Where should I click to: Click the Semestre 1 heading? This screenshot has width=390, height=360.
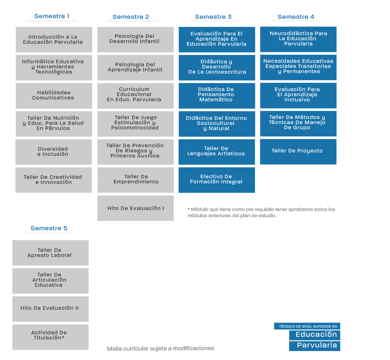pos(52,16)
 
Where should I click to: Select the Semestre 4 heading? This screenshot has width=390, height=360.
pos(296,17)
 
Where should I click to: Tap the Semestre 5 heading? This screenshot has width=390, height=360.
pos(49,228)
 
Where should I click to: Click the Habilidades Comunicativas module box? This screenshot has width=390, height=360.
pos(54,96)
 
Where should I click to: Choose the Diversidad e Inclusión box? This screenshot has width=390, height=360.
pos(54,152)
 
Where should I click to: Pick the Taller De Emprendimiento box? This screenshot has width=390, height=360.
pos(136,180)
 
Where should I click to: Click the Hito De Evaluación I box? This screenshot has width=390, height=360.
pos(136,208)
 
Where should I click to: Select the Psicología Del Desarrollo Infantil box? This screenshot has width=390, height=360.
pos(136,40)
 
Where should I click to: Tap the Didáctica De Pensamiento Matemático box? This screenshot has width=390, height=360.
pos(217,96)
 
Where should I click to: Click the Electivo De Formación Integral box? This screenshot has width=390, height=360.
pos(217,180)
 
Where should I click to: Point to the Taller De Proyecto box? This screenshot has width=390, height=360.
pos(298,152)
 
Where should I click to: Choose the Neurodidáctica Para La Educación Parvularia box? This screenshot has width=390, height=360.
pos(298,39)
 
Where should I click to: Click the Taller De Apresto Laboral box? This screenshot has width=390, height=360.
pos(51,253)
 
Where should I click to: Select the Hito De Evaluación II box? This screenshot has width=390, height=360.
pos(51,309)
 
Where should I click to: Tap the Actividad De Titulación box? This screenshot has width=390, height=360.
pos(51,337)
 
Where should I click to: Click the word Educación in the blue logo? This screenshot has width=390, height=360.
pos(316,335)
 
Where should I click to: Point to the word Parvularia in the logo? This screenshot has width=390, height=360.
pos(317,345)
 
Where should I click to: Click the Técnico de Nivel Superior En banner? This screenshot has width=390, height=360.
pos(307,326)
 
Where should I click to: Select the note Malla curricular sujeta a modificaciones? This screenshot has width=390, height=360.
pos(160,348)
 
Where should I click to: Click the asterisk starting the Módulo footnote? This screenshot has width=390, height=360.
pos(189,209)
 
